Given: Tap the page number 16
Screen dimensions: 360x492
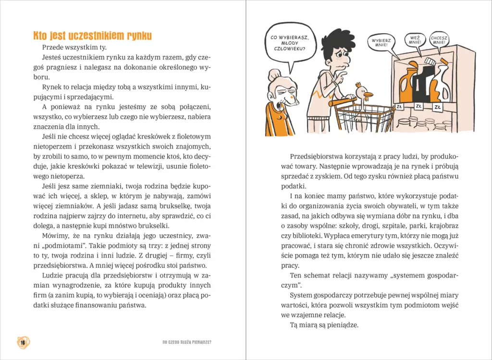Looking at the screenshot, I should tap(23, 342).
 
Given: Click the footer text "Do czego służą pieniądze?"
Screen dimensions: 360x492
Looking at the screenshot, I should tap(187, 343).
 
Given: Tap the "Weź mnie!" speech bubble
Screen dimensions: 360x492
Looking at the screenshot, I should tap(415, 40).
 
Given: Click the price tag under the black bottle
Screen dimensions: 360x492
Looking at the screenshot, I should tap(418, 106).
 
